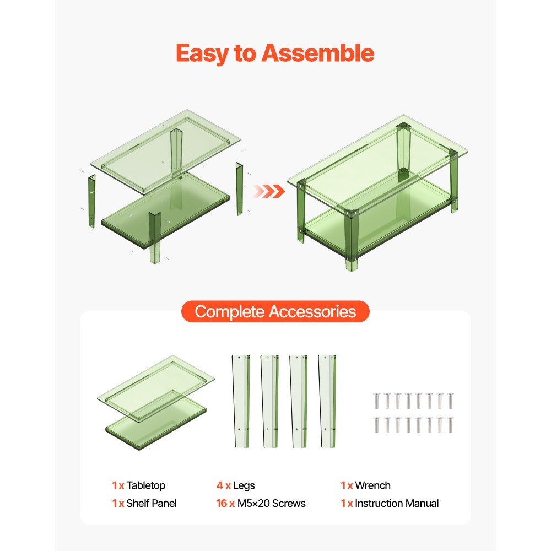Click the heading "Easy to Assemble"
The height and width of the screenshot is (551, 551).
click(275, 53)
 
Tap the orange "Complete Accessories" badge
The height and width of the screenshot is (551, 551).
click(275, 312)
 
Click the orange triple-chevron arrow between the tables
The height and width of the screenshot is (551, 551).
click(269, 191)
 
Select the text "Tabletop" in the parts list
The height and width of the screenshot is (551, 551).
click(146, 485)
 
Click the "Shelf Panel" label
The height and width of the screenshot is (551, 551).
click(152, 503)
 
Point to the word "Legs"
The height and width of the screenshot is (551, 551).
click(244, 485)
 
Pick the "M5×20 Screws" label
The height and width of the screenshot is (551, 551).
click(272, 503)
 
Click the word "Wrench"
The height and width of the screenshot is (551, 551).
click(372, 485)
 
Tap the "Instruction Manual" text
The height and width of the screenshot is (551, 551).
click(397, 503)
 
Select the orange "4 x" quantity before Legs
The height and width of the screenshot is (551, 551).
click(223, 485)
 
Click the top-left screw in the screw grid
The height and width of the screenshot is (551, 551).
click(377, 401)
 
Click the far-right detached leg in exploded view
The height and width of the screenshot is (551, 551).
click(240, 188)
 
